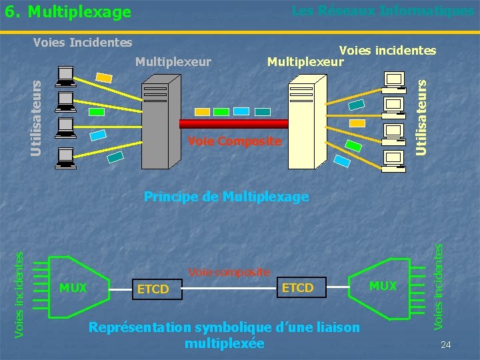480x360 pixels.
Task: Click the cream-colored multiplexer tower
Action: (307, 120)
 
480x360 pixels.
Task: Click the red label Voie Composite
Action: (235, 141)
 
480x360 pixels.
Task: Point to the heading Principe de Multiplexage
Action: (227, 197)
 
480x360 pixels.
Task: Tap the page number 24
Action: (446, 345)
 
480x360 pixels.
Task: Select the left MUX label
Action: (73, 288)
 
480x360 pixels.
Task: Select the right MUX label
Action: (383, 286)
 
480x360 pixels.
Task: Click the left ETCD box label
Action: (153, 289)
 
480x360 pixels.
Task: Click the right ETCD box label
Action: (297, 287)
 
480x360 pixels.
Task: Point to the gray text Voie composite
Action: (229, 271)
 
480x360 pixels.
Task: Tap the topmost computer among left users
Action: (66, 77)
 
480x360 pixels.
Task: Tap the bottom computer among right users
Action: (394, 160)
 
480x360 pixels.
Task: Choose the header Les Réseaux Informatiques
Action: (383, 11)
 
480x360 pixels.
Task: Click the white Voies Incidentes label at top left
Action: (83, 43)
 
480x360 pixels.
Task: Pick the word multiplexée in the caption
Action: (224, 344)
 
